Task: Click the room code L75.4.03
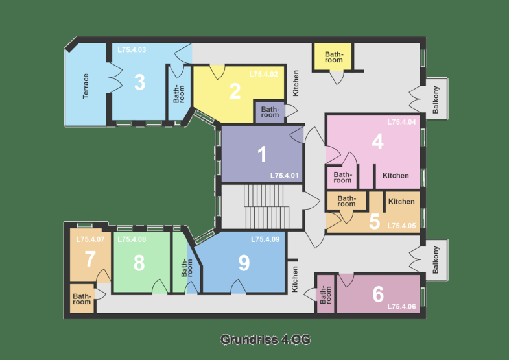coord(132,50)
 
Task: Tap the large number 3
coord(139,82)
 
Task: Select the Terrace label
coord(86,86)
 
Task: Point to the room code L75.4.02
coord(264,75)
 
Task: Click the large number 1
coord(262,154)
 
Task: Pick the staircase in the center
coord(266,207)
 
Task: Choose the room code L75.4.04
coord(401,122)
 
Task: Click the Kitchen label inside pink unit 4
coord(396,176)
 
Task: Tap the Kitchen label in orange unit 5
coord(401,202)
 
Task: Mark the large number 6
coord(378,294)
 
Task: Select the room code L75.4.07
coord(90,239)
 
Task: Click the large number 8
coord(139,263)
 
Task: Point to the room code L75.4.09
coord(265,239)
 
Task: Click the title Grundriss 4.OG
coord(265,339)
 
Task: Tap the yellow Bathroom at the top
coord(334,57)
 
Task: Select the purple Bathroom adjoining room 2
coord(270,112)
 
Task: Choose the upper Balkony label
coord(436,100)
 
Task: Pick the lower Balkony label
coord(436,260)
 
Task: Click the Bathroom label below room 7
coord(82,299)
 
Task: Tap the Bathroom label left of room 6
coord(326,294)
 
